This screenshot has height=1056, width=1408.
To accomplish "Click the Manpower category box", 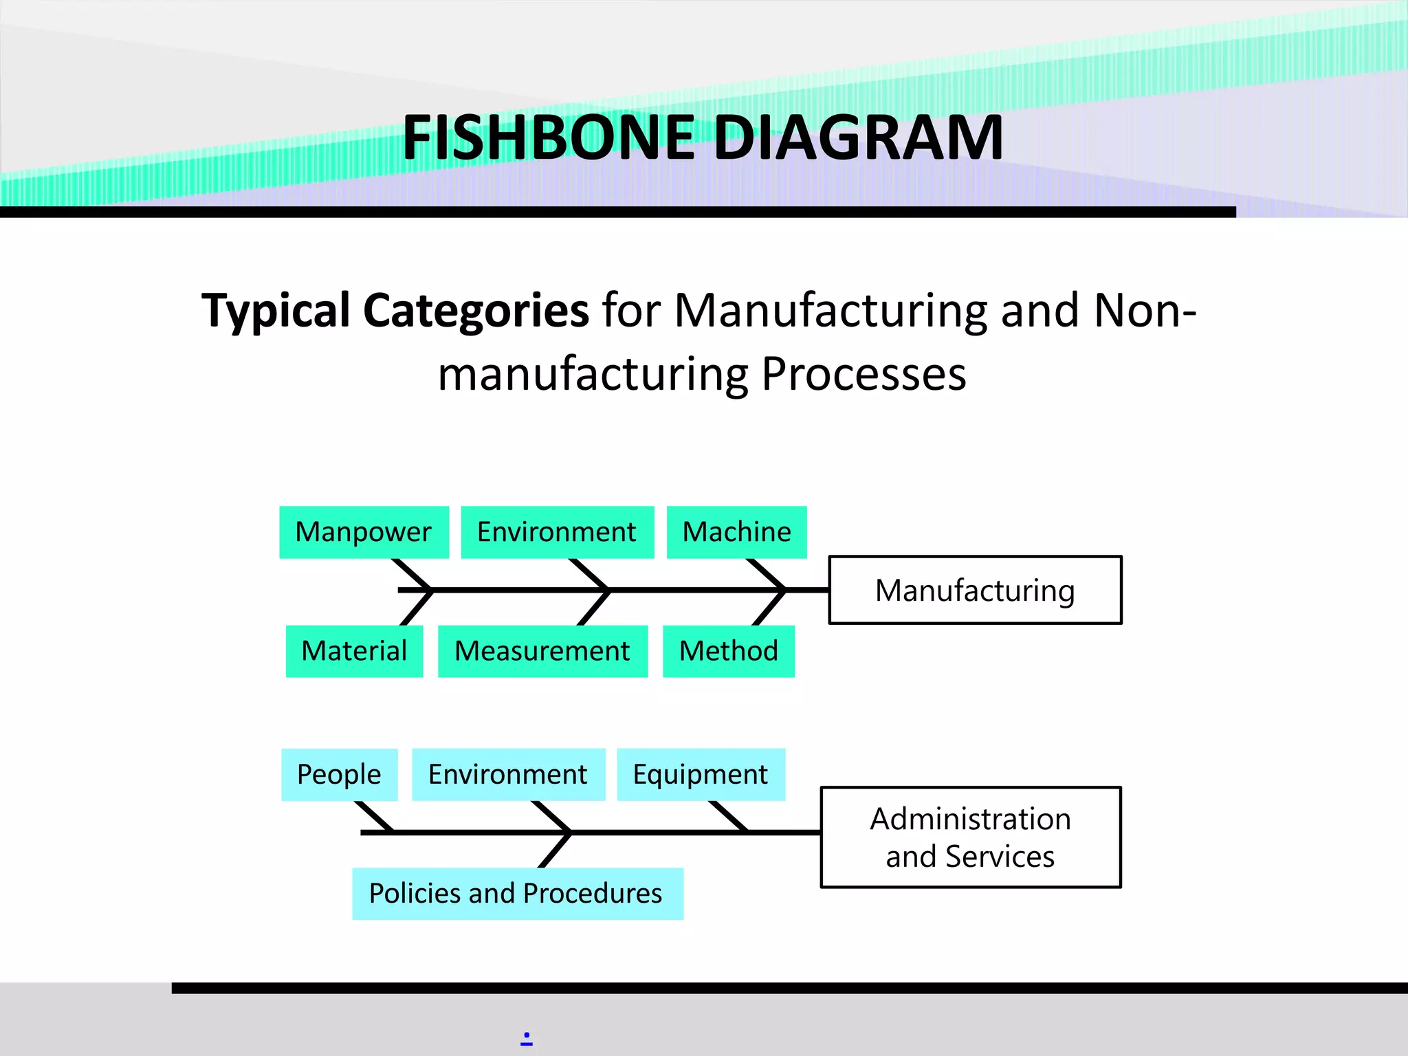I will click(x=364, y=532).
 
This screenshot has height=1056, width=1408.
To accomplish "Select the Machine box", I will click(x=736, y=532).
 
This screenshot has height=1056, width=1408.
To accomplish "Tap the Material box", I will click(x=354, y=651).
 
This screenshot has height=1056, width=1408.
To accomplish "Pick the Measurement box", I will click(x=542, y=651).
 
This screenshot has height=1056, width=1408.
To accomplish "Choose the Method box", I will click(x=728, y=651).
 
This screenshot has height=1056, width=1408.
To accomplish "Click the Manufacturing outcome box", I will click(x=975, y=590).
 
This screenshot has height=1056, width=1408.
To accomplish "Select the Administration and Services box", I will click(x=970, y=837).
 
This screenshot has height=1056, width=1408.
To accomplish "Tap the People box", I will click(x=339, y=775).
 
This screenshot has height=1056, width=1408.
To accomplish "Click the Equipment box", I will click(x=701, y=775).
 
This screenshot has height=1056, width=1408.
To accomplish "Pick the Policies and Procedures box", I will click(x=517, y=894).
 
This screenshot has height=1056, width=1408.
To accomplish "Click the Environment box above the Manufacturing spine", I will click(x=557, y=532).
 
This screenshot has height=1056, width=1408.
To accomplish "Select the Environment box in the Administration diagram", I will click(x=508, y=775).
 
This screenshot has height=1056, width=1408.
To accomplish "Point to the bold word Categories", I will click(x=475, y=311).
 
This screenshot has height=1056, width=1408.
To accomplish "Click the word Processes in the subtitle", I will click(x=863, y=375).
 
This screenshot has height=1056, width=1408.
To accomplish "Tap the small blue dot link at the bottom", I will click(x=527, y=1036).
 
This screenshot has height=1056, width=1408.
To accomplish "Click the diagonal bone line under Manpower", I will click(x=412, y=574).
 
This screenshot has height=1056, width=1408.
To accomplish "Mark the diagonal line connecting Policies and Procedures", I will click(x=555, y=850).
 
